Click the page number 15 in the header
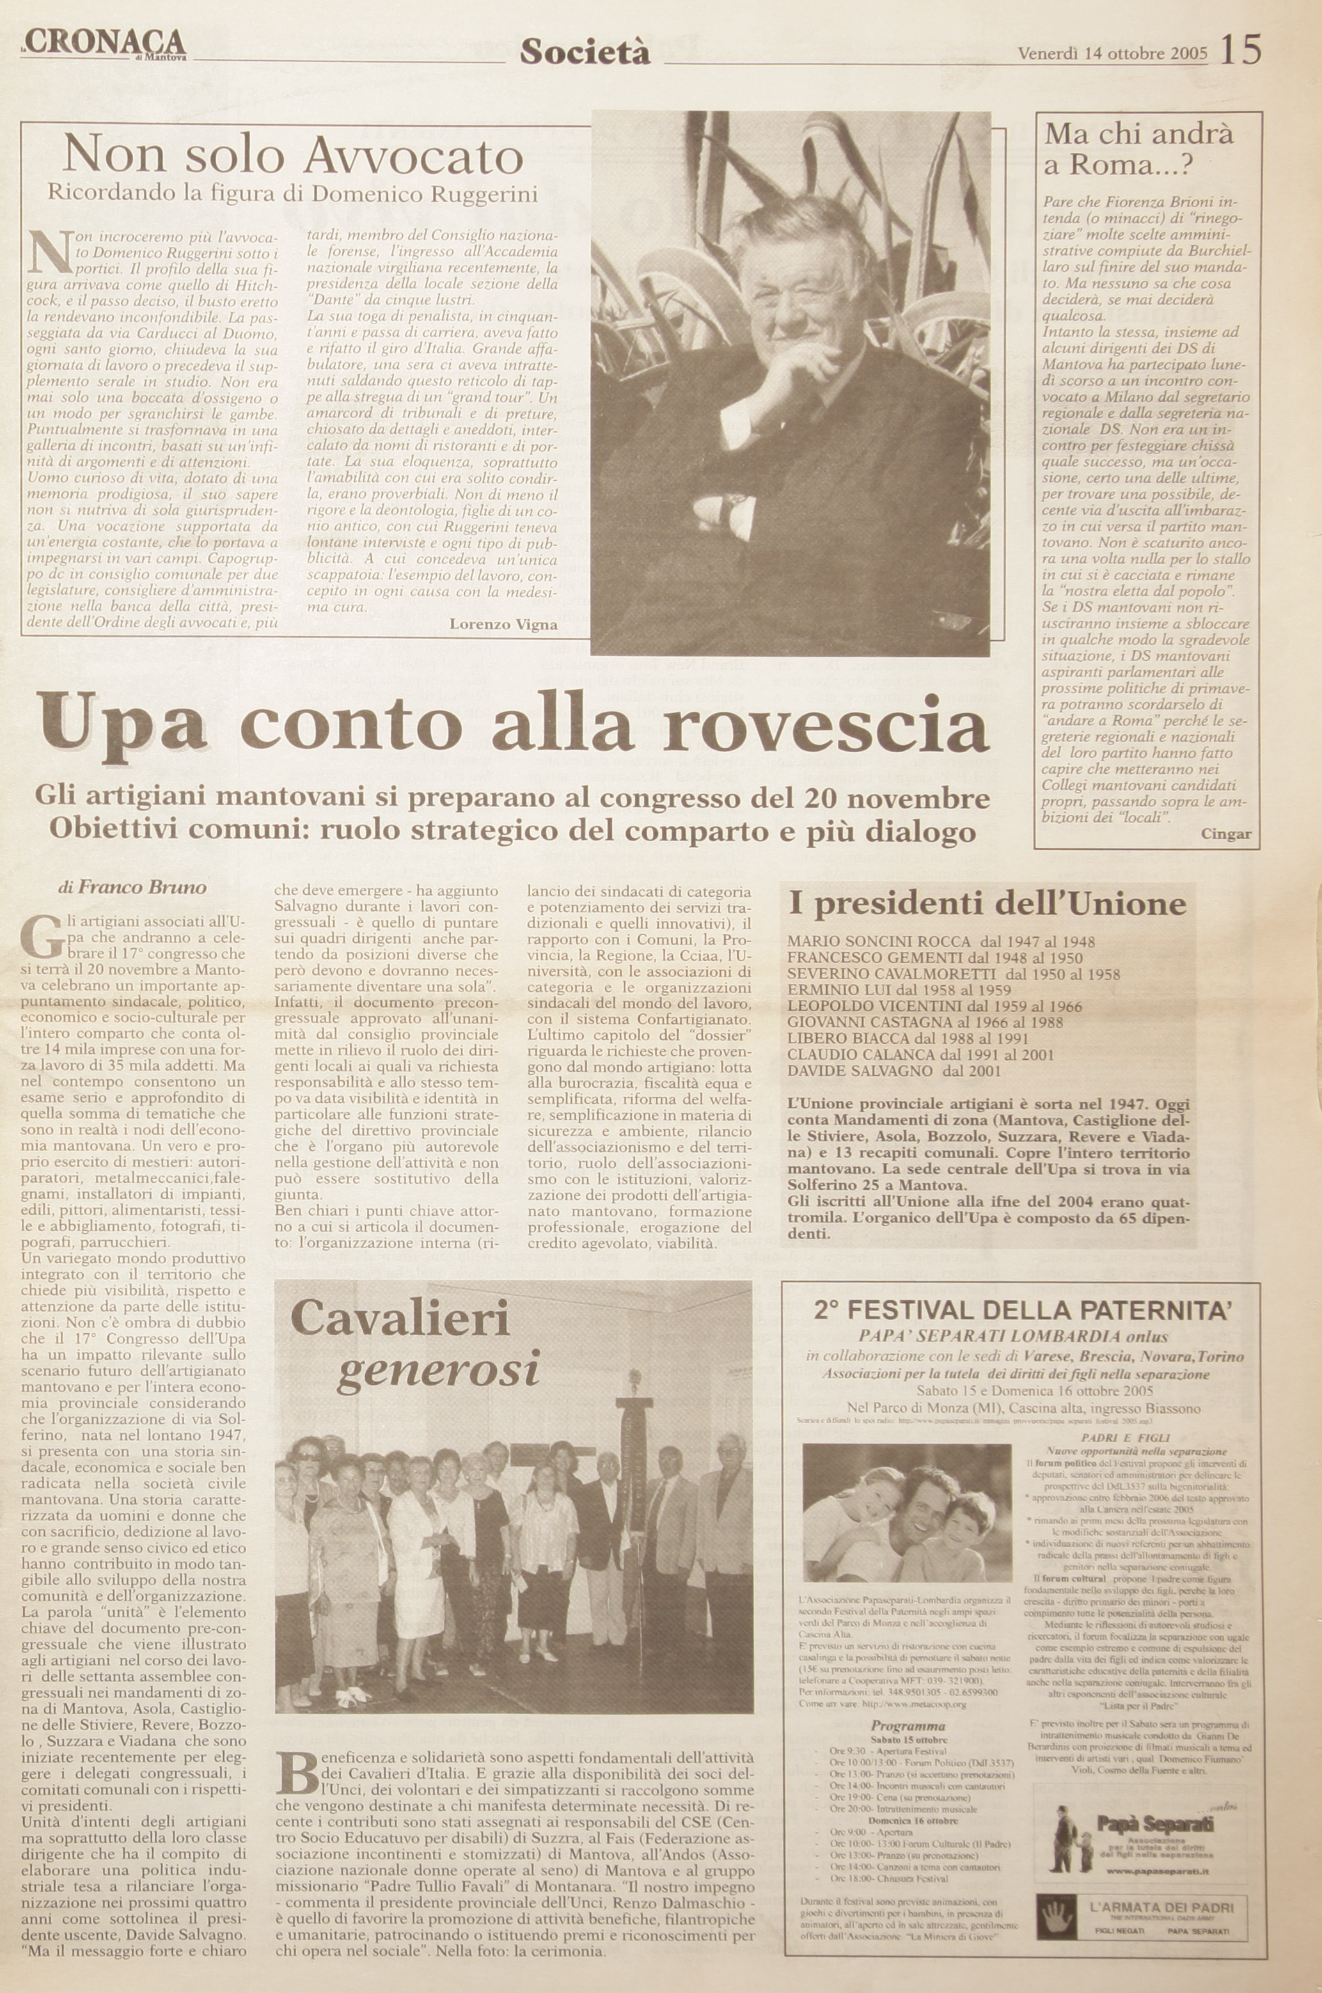pyautogui.click(x=1240, y=51)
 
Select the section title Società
pyautogui.click(x=585, y=52)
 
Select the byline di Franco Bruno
pyautogui.click(x=132, y=887)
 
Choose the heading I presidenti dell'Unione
pyautogui.click(x=988, y=904)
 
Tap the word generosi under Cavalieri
pyautogui.click(x=437, y=1370)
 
